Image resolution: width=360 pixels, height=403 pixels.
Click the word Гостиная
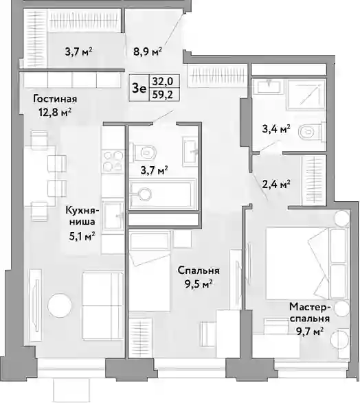point(55,99)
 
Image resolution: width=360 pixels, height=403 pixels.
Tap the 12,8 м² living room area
point(55,112)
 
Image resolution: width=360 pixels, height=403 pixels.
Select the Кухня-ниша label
point(82,216)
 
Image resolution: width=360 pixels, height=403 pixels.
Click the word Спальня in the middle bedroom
point(199,270)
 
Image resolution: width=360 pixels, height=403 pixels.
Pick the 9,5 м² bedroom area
point(199,284)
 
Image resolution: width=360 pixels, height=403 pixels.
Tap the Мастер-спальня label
point(310,312)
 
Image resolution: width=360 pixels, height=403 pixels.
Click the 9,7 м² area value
point(310,332)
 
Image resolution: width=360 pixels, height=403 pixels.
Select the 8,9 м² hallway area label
point(147,51)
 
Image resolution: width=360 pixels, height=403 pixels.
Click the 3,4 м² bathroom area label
point(276,129)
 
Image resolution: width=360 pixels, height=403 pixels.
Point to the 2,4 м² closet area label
point(276,184)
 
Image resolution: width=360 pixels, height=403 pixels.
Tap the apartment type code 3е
point(139,89)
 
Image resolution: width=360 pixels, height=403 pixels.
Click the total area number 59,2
point(163,95)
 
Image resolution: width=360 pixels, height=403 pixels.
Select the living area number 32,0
point(163,81)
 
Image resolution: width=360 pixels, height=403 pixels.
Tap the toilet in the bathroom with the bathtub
point(144,152)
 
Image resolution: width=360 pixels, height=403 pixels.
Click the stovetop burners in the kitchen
point(113,161)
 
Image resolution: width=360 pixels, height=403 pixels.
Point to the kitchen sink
point(113,216)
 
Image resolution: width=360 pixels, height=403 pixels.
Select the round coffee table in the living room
point(60,306)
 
